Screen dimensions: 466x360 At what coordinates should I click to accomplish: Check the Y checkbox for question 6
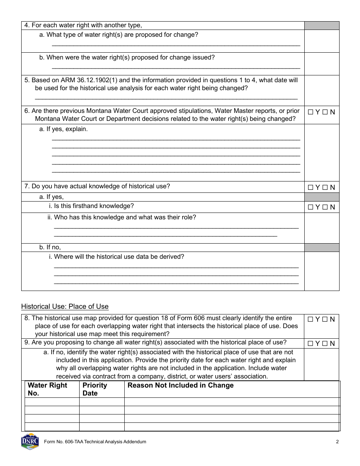coord(310,112)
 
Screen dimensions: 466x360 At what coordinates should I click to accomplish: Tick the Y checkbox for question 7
coord(310,187)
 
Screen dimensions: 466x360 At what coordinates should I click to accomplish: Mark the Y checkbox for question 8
coord(310,319)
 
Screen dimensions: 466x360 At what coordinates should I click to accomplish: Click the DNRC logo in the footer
coord(30,441)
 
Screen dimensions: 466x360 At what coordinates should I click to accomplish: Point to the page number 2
coord(337,442)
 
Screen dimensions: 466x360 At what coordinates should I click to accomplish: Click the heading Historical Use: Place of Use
coord(65,306)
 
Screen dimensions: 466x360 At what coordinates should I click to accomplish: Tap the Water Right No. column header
coord(47,389)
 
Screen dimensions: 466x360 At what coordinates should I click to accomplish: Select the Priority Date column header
coord(95,389)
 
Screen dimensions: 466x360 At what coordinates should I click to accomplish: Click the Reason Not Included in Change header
coord(180,385)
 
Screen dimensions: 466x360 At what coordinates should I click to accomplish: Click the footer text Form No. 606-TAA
coord(95,442)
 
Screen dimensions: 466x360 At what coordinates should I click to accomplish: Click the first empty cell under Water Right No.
coord(52,402)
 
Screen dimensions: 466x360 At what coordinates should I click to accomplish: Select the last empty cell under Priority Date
coord(102,427)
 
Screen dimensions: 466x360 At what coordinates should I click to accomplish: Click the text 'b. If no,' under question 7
coord(50,247)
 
